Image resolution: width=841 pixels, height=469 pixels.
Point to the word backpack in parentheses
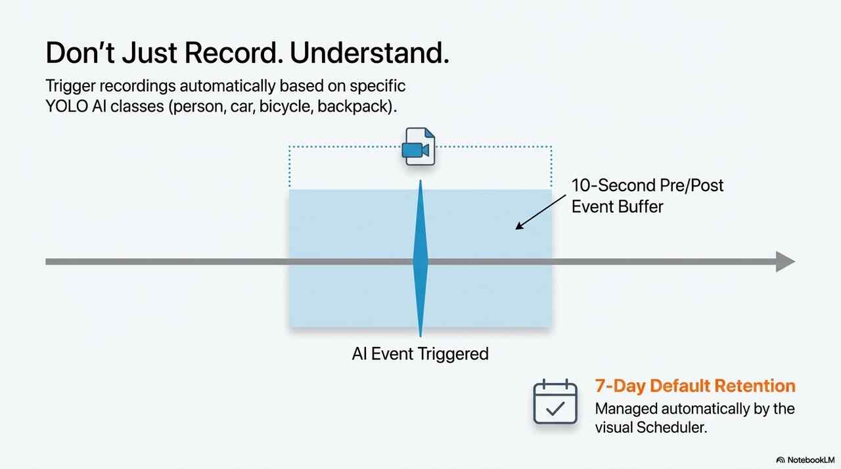click(x=355, y=106)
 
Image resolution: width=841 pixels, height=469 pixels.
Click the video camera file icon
click(x=419, y=147)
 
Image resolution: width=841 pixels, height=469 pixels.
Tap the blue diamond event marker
click(x=420, y=261)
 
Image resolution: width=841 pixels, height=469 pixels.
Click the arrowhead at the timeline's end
click(x=785, y=261)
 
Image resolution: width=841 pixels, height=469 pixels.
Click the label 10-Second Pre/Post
click(x=647, y=185)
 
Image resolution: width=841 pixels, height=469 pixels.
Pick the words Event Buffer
click(x=617, y=206)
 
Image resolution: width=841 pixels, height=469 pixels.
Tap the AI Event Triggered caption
click(x=420, y=354)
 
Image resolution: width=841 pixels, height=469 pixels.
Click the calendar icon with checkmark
click(x=555, y=402)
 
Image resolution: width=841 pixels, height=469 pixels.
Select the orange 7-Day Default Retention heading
click(x=694, y=386)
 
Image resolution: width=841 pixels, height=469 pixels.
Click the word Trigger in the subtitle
click(x=70, y=86)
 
